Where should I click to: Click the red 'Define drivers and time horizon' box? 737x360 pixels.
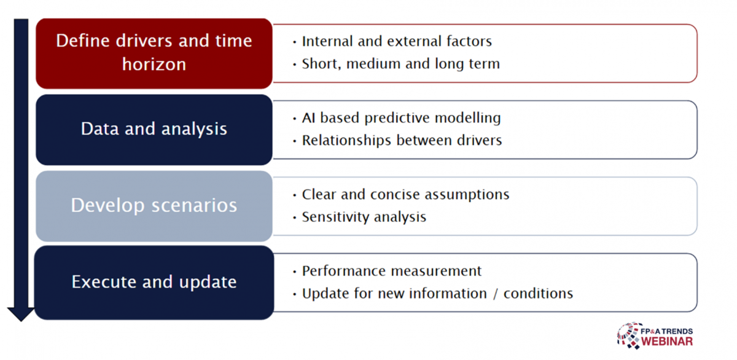point(154,53)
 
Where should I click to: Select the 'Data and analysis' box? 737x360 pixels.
point(154,130)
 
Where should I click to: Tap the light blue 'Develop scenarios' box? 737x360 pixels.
point(154,206)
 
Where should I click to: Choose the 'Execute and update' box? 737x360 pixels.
point(154,283)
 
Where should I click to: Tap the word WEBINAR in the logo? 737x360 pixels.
point(667,342)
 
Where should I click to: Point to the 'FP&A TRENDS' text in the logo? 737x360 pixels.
point(666,331)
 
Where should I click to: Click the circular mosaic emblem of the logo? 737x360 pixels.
point(629,335)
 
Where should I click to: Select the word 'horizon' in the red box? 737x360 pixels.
point(154,64)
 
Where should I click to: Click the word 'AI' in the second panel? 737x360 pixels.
point(308,118)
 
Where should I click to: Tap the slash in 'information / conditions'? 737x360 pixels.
point(495,294)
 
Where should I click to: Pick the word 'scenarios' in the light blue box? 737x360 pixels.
point(194,206)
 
